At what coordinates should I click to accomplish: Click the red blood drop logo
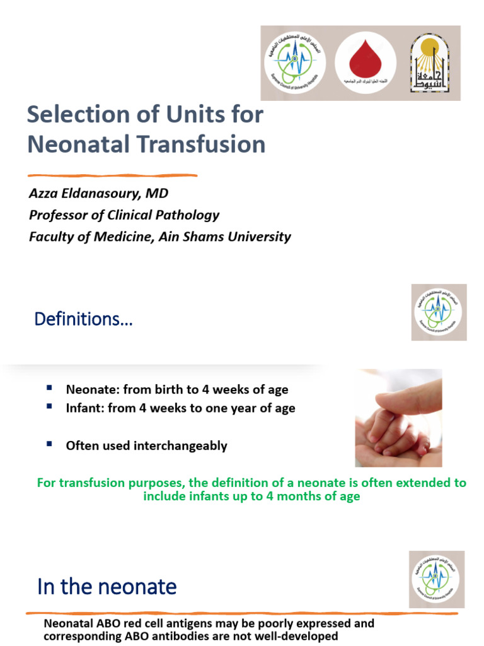(360, 62)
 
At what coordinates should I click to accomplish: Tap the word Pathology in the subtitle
(188, 215)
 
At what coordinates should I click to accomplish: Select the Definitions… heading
(83, 319)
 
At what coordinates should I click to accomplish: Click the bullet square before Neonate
(49, 389)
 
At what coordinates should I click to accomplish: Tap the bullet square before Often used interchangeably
(49, 445)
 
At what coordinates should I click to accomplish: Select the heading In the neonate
(107, 587)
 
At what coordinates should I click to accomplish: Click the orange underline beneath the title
(112, 175)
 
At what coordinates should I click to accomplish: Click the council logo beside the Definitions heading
(439, 312)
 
